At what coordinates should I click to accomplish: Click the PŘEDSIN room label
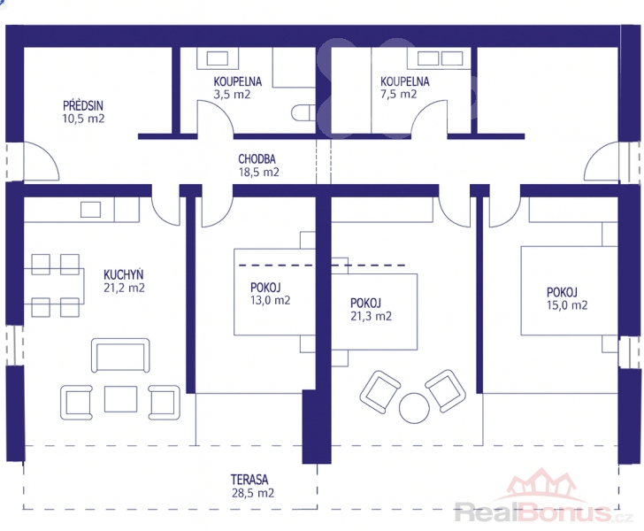point(83,105)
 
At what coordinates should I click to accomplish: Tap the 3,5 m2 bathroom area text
point(232,95)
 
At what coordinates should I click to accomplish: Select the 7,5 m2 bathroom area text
point(398,94)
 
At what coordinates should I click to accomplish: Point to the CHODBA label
point(257,158)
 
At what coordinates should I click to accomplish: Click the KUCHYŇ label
point(123,274)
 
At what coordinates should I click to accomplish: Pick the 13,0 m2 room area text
point(271,300)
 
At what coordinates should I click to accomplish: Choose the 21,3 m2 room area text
point(371,316)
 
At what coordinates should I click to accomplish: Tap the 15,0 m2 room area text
point(567,305)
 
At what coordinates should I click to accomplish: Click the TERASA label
point(249,480)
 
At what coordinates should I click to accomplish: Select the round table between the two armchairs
point(414,408)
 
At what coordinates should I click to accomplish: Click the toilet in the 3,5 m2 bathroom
point(303,113)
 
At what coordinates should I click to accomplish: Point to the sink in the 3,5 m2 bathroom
point(218,58)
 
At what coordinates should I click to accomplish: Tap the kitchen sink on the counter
point(91,210)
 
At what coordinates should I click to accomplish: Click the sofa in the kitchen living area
point(120,356)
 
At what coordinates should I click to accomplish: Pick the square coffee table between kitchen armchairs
point(120,398)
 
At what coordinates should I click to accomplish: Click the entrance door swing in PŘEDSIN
point(42,161)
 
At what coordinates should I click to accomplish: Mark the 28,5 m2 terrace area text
point(253,493)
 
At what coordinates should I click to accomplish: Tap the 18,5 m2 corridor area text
point(258,173)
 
